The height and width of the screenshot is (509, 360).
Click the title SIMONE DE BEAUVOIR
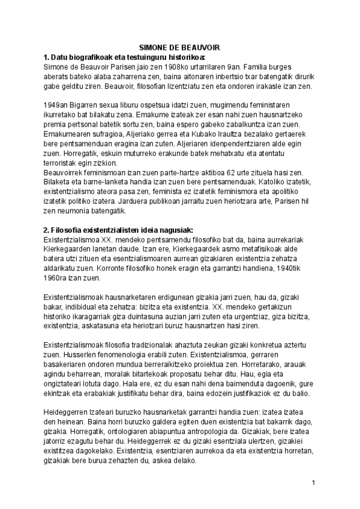180,48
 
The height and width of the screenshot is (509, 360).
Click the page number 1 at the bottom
313,482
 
